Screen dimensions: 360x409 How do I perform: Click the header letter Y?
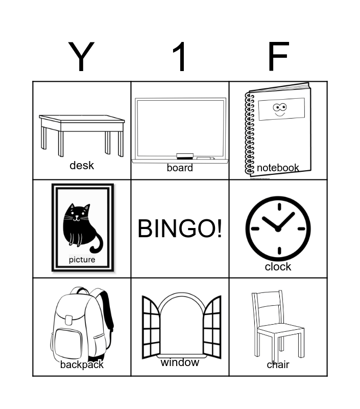81,56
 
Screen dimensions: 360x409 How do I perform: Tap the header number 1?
179,56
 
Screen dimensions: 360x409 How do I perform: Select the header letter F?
278,56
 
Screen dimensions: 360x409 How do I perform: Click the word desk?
82,165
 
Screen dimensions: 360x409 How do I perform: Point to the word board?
180,168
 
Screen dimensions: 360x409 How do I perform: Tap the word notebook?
278,168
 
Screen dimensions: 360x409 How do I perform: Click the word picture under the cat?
82,260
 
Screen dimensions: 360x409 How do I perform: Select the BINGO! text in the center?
180,229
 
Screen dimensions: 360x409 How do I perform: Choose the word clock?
278,266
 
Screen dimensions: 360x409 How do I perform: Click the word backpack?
82,365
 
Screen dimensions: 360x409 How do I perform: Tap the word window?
180,362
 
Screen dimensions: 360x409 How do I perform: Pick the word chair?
278,365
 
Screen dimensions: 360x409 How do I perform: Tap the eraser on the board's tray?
185,156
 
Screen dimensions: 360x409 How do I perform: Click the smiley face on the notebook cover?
280,110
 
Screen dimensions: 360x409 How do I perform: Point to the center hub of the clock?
278,229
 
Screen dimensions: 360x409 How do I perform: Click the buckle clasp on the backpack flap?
69,320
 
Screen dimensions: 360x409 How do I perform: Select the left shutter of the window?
151,327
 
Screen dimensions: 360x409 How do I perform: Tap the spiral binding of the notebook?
250,133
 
